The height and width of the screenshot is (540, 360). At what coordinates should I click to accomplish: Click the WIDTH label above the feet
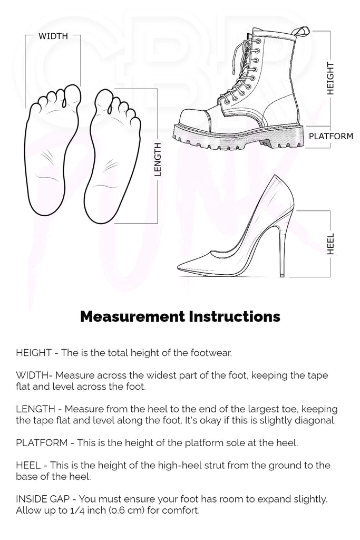click(53, 36)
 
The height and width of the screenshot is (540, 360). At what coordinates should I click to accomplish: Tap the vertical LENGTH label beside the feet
click(158, 159)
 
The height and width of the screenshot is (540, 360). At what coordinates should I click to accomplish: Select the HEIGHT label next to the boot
click(330, 79)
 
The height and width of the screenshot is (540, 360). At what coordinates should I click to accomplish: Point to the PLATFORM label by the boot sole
click(330, 136)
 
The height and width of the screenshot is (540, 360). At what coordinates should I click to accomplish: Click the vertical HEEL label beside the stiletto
click(330, 244)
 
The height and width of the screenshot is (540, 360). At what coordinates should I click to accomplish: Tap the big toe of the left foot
click(72, 94)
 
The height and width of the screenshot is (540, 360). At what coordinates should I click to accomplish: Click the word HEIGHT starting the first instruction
click(34, 353)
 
